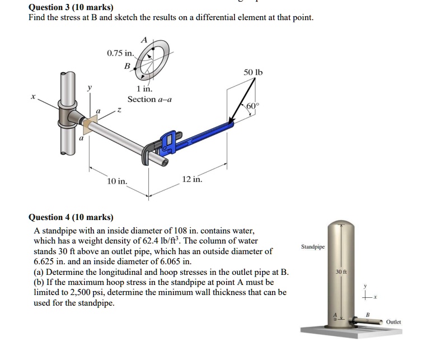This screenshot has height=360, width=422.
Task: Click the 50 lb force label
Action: [253, 72]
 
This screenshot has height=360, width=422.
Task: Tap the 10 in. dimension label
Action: [117, 181]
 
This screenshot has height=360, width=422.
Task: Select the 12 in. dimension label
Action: [192, 179]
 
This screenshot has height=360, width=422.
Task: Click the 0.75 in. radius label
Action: [120, 53]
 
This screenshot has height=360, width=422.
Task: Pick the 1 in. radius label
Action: [144, 88]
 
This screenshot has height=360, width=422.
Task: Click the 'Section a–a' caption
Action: [149, 99]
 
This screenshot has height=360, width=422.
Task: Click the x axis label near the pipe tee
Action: [33, 96]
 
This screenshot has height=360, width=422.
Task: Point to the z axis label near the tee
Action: [119, 110]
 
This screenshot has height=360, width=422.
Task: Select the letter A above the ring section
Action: [144, 40]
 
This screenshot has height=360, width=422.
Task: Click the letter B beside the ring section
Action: [127, 66]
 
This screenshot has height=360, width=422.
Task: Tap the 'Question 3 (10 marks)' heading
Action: [71, 7]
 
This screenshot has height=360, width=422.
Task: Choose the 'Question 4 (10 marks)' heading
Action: [71, 217]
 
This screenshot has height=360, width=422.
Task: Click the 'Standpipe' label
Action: [313, 247]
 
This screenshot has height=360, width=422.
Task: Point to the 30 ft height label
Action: [341, 272]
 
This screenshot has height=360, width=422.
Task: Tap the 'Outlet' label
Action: [393, 322]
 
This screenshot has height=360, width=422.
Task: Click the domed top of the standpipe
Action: [341, 225]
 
